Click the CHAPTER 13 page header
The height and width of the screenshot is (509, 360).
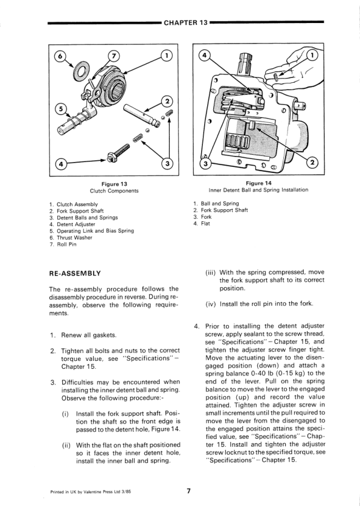pos(185,23)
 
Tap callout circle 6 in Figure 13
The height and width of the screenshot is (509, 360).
pos(59,56)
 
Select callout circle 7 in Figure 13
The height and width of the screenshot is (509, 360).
pos(113,56)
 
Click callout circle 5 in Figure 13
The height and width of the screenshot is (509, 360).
pos(60,108)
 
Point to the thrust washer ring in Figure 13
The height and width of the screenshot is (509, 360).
pos(81,71)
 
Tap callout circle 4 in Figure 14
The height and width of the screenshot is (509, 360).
pos(204,56)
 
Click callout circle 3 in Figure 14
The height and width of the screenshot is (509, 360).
pos(205,164)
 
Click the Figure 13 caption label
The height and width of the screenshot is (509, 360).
pos(114,184)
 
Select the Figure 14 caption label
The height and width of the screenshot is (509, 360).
pos(259,183)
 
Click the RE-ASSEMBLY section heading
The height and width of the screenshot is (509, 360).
pos(75,273)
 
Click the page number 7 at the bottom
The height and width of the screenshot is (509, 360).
pos(188,491)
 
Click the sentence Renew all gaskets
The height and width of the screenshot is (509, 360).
pos(89,335)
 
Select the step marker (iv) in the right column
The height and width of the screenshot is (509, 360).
pos(211,304)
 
